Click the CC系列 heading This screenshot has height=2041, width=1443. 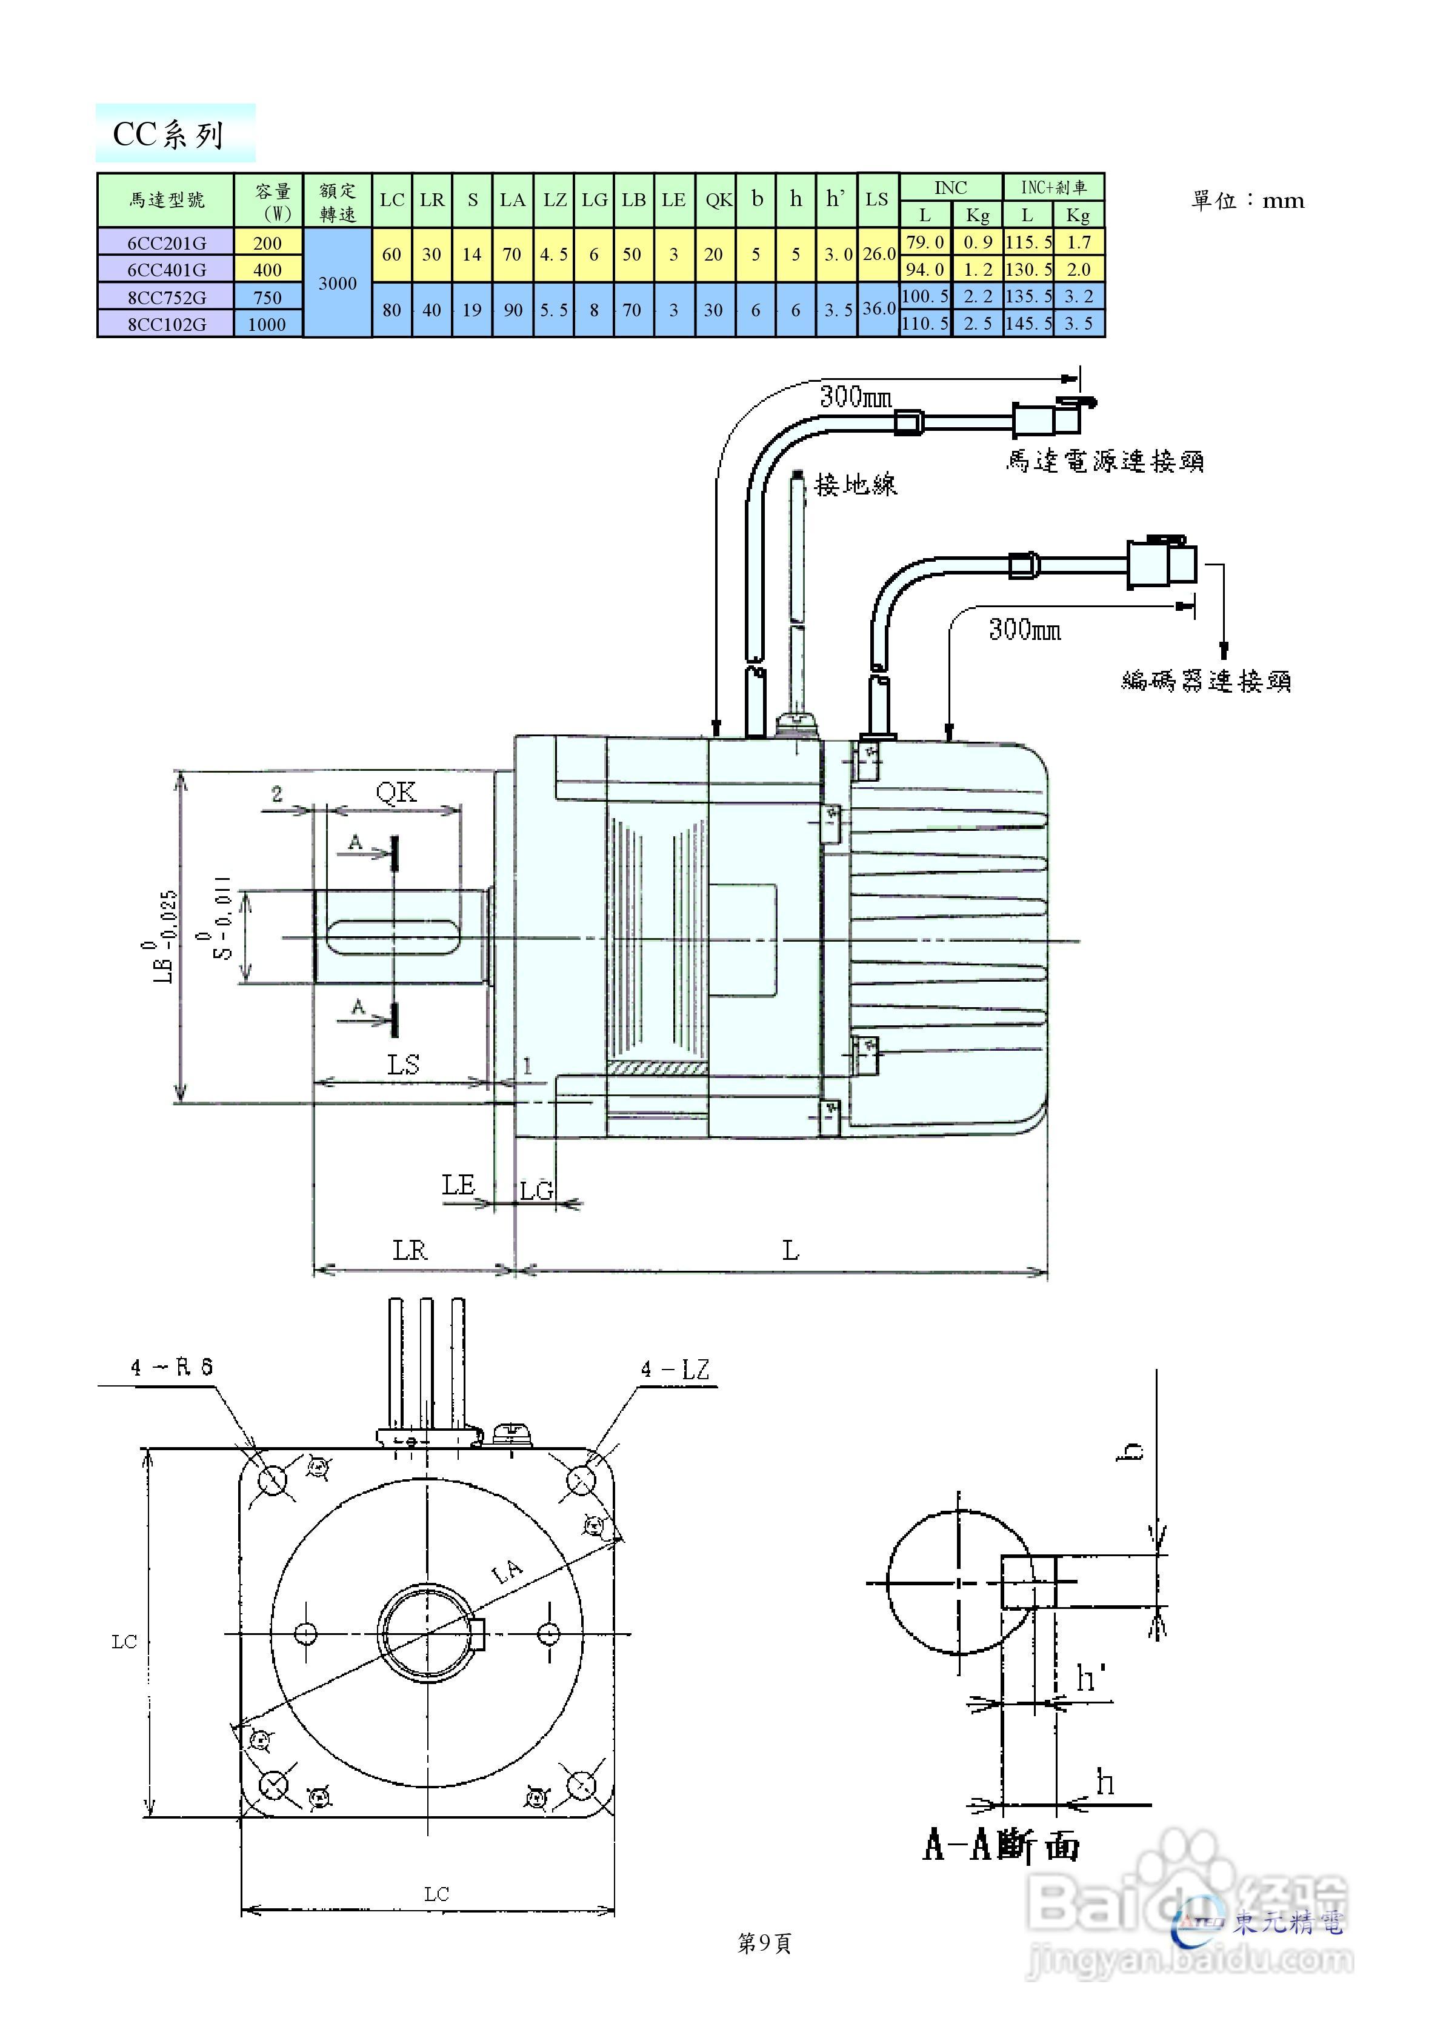click(169, 135)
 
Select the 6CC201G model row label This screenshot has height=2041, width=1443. click(166, 242)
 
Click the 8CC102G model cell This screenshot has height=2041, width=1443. click(166, 324)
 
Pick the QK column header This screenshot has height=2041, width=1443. click(718, 200)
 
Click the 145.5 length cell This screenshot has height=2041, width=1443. click(1028, 324)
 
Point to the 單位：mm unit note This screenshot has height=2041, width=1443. click(1247, 201)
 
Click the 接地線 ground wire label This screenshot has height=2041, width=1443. click(855, 484)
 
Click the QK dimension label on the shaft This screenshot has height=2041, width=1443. click(396, 791)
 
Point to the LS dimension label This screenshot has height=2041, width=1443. click(403, 1064)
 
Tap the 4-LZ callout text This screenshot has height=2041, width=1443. click(676, 1370)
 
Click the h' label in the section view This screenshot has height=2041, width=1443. click(1090, 1679)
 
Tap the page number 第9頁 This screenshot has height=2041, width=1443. click(765, 1944)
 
